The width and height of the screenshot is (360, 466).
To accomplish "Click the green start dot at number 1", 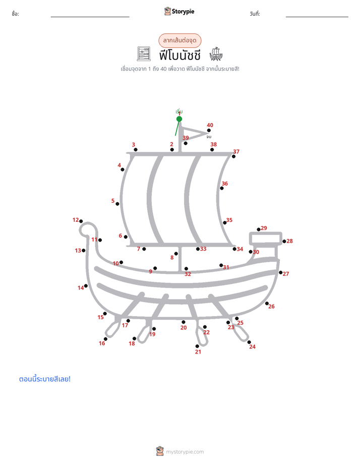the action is point(179,119).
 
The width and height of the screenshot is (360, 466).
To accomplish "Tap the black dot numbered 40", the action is point(209,131).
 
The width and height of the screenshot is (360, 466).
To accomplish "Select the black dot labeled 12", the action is point(81,221).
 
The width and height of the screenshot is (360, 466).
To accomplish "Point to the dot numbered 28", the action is point(284,241).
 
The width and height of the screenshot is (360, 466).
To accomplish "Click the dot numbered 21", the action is point(197,346).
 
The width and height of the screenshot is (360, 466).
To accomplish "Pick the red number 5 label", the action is point(113,201).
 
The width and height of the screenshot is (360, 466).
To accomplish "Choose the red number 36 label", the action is point(225,184).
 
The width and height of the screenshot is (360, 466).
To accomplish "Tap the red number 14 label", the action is point(81,288).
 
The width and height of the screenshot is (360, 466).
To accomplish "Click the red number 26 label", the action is point(271,307).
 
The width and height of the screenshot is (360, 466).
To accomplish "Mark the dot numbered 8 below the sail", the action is point(176,254).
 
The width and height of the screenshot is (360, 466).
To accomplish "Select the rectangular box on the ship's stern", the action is point(266,239).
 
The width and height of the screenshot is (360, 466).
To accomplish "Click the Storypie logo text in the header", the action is point(183,12).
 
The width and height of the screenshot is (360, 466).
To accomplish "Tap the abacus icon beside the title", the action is point(144,54).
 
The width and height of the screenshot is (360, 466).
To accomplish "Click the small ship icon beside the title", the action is point(216,54).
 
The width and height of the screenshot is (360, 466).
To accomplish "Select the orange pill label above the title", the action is point(179,40).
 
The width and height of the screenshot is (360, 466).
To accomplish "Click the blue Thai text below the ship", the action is point(45,379).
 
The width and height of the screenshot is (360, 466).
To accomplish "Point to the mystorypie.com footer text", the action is point(185,452).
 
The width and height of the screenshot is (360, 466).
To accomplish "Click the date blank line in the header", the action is point(317,17).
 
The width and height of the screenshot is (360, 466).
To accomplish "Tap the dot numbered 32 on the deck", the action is point(186,269).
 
